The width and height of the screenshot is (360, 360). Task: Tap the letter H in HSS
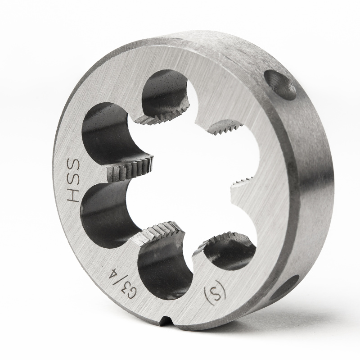point(72,196)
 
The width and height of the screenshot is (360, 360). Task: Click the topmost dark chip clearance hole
point(165,92)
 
